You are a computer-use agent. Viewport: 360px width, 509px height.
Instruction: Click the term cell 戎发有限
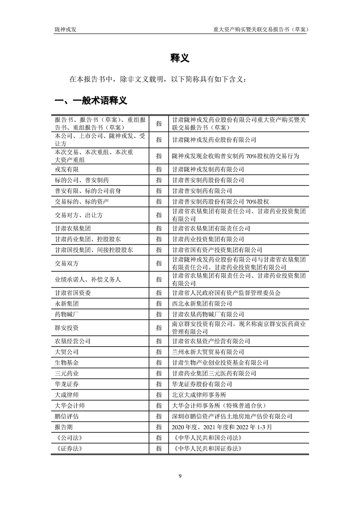(66, 169)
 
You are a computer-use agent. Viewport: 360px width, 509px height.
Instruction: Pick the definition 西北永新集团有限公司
(202, 303)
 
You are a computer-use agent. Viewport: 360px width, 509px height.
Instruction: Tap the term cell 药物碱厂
(66, 314)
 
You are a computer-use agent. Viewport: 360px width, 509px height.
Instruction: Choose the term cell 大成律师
(66, 395)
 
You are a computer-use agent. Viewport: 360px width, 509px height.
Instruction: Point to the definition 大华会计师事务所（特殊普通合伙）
(217, 405)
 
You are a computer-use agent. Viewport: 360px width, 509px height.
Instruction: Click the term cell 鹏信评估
(66, 416)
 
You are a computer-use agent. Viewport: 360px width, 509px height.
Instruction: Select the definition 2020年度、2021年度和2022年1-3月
(215, 427)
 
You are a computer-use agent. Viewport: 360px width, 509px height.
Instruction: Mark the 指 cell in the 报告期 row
(158, 427)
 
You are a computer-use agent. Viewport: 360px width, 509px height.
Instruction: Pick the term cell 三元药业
(66, 373)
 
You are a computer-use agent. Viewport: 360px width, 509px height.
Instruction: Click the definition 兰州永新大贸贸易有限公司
(208, 352)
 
